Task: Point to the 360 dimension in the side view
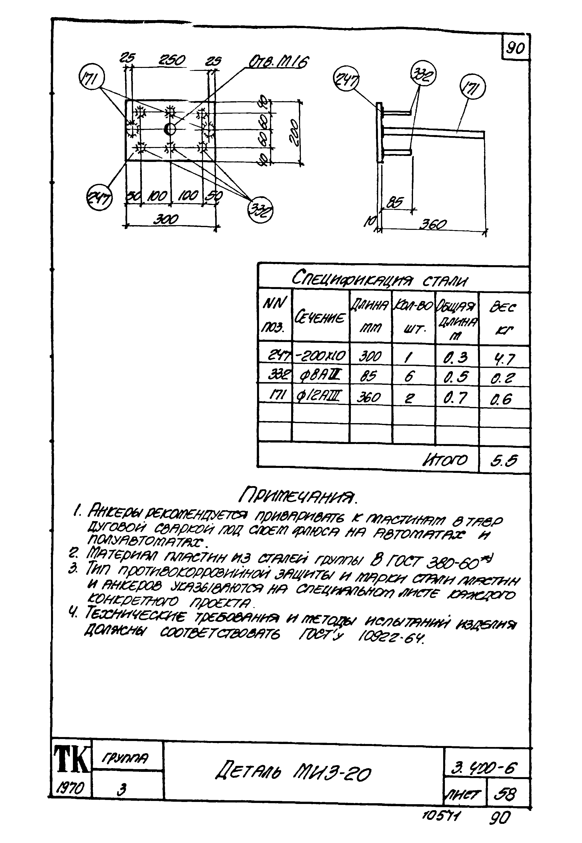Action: click(x=433, y=224)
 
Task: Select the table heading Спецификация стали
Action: click(x=379, y=279)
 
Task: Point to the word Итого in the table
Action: click(x=444, y=460)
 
